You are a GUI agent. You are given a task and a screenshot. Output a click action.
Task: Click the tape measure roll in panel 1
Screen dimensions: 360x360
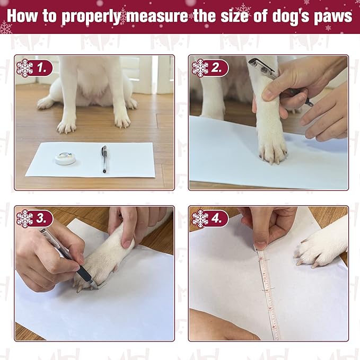click(64, 158)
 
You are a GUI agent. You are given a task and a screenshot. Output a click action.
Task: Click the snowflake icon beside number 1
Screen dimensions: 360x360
click(24, 68)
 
